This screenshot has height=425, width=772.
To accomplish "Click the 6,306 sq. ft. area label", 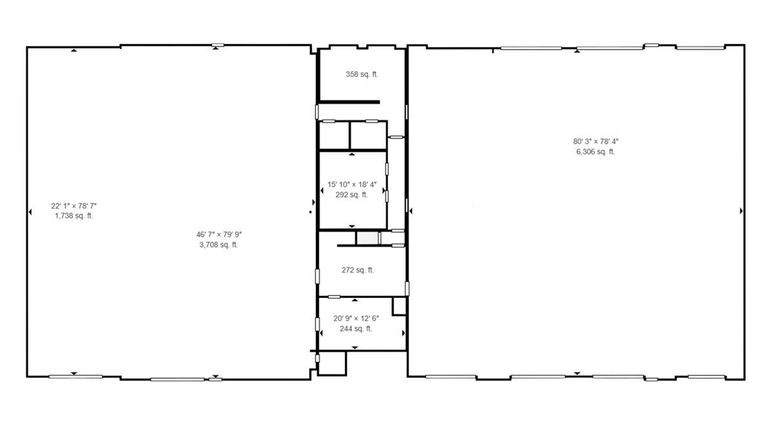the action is (x=596, y=152).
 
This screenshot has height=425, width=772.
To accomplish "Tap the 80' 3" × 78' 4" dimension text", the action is (x=596, y=141).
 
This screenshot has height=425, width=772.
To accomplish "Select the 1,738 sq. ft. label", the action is (x=74, y=216).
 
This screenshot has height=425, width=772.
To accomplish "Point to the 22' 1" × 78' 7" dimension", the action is (x=74, y=206).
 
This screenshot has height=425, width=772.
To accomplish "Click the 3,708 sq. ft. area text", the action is (x=218, y=245).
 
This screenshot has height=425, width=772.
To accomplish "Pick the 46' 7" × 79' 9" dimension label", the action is (x=219, y=235).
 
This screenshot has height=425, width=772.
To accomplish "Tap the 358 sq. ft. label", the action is (x=362, y=74).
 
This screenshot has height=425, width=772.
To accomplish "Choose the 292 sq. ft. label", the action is (x=351, y=194).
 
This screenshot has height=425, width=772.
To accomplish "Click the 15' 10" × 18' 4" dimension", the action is (x=352, y=185).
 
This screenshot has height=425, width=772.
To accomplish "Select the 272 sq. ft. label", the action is (x=358, y=270).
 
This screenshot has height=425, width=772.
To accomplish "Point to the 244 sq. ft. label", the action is (x=356, y=329).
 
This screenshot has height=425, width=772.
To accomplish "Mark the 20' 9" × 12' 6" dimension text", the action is (x=356, y=318).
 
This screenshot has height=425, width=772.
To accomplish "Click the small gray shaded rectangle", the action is (x=368, y=238).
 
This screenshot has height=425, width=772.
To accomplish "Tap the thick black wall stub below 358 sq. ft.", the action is (x=349, y=102).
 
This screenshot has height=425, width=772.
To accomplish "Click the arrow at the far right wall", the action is (x=742, y=211).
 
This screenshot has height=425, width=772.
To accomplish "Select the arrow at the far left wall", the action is (x=30, y=212).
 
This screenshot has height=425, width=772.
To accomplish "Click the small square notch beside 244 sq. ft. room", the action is (x=399, y=306).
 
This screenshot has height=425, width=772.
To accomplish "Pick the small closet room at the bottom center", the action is (x=332, y=363).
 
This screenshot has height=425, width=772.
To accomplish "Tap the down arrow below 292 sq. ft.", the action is (x=351, y=226).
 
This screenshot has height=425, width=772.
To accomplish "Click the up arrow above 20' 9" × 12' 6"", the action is (x=355, y=300).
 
